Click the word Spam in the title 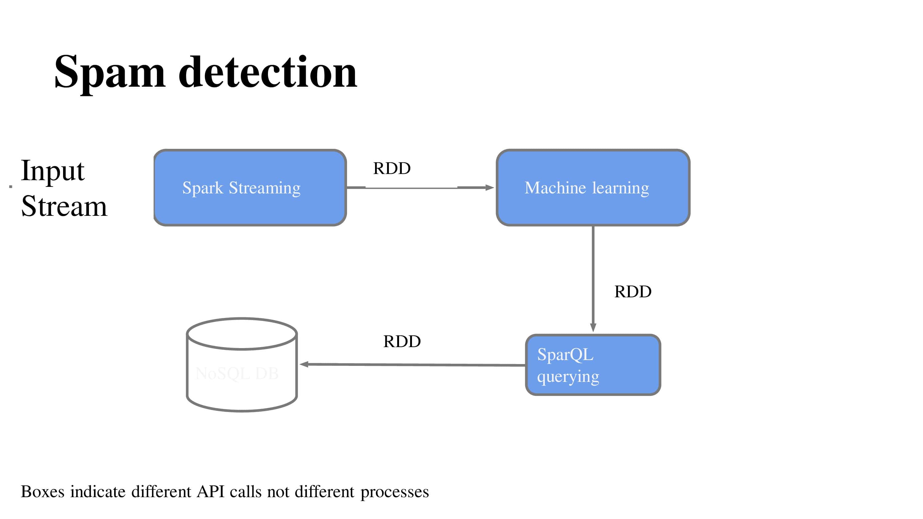(109, 73)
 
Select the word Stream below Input (64, 207)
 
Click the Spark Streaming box (250, 188)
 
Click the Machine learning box (593, 188)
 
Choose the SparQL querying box (593, 365)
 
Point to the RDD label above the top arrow (392, 168)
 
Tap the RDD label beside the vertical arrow (633, 291)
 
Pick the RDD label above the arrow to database (402, 341)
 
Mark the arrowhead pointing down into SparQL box (593, 327)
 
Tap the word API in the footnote (211, 491)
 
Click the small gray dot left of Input (11, 186)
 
